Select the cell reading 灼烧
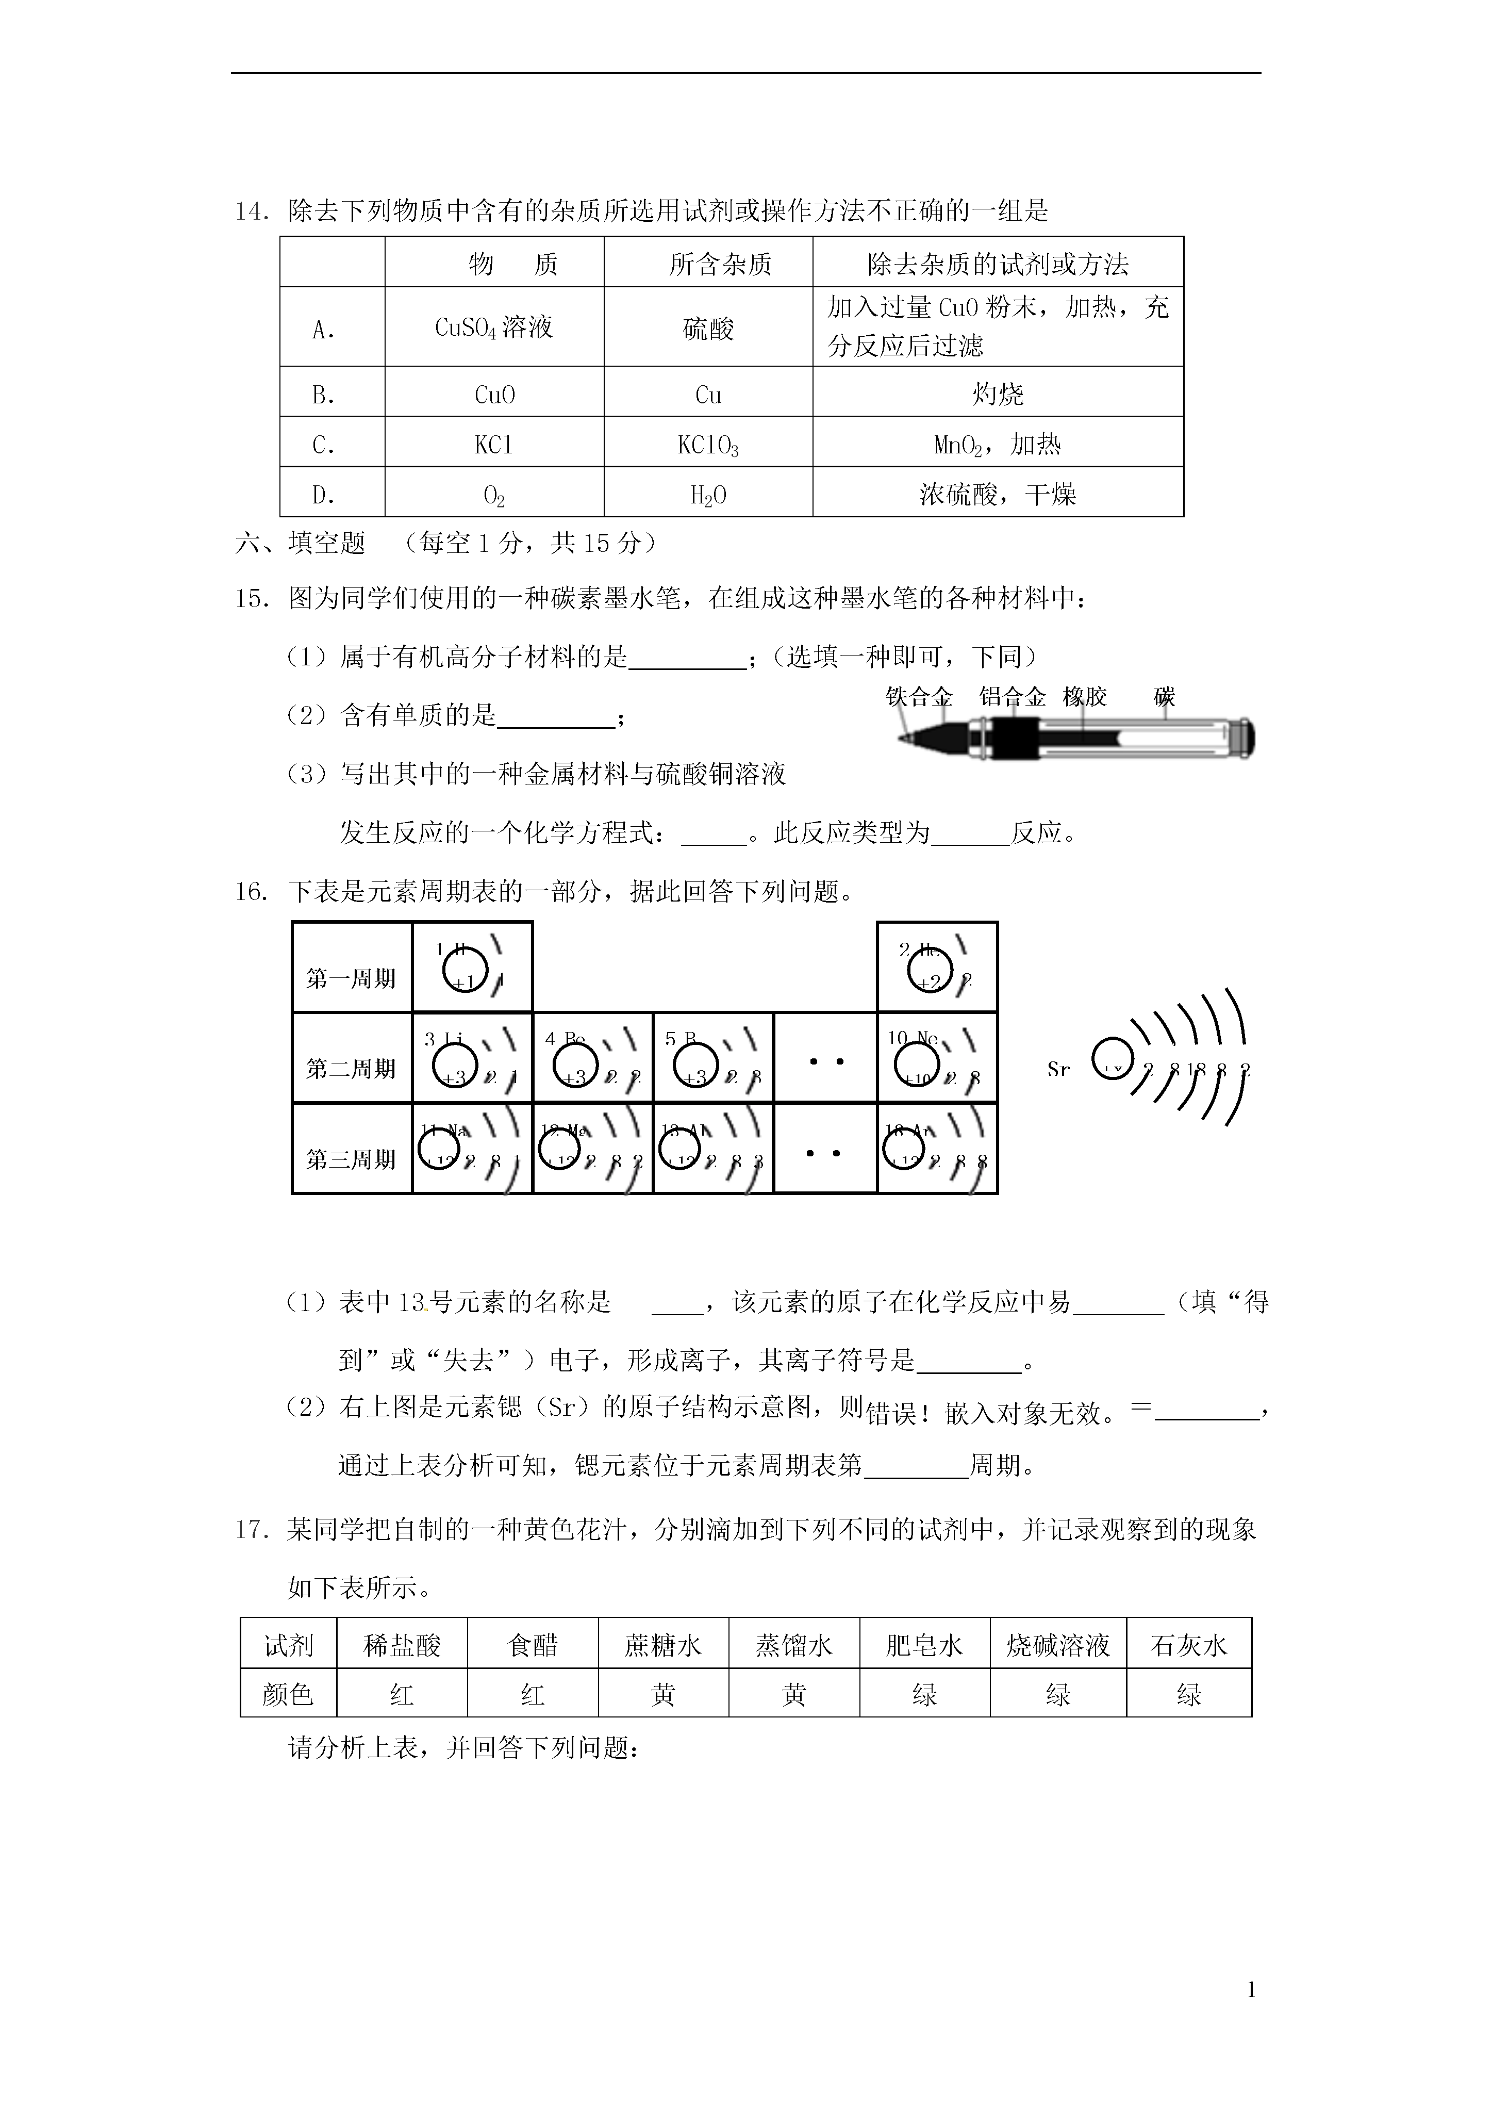tap(998, 395)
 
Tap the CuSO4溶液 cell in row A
tap(494, 328)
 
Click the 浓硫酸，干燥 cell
tap(998, 495)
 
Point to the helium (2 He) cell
tap(937, 967)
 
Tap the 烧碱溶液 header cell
tap(1057, 1645)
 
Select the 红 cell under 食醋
tap(533, 1694)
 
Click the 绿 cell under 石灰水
tap(1189, 1694)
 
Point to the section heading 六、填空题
tap(301, 544)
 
